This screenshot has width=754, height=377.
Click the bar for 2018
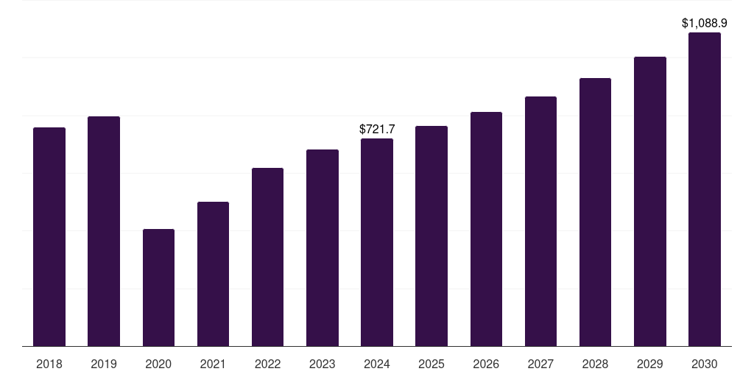point(49,236)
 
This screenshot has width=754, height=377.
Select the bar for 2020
point(158,287)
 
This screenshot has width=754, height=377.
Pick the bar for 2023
point(323,247)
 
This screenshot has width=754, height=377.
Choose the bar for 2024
point(377,242)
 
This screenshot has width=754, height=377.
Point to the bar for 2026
point(486,229)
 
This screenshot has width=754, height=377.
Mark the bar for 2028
point(595,212)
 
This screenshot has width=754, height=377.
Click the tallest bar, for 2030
point(705,189)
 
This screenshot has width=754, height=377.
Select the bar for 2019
point(104,231)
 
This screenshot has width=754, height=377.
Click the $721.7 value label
point(377,129)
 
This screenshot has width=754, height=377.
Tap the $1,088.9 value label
point(705,24)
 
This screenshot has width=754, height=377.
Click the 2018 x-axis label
point(49,364)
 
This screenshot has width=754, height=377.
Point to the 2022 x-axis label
point(267,364)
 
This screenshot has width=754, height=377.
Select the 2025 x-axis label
point(431,364)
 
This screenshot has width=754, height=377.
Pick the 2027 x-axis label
point(540,364)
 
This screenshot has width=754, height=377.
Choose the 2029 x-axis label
point(650,364)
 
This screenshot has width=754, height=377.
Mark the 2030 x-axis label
point(705,364)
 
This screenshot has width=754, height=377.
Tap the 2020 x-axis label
point(158,364)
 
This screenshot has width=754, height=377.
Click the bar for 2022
point(267,257)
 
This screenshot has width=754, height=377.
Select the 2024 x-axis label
point(377,364)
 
